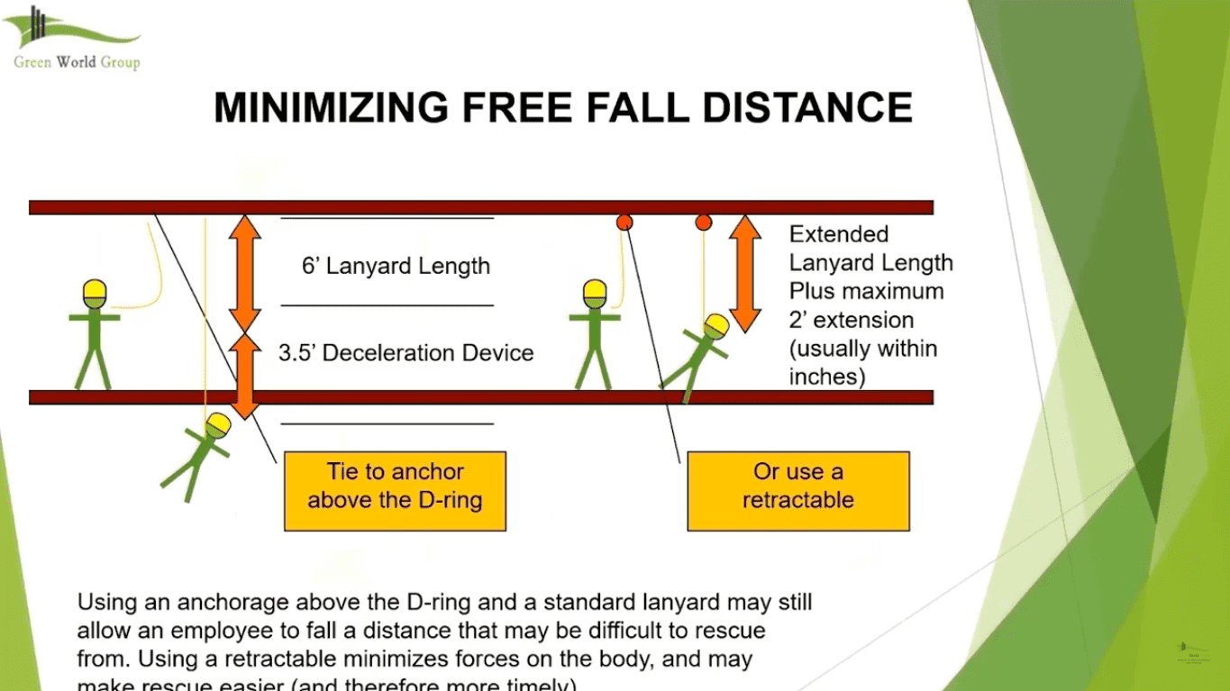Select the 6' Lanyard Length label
point(396,266)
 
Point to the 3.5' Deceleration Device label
point(405,352)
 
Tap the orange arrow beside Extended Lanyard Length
point(744,272)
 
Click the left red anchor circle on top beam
point(624,222)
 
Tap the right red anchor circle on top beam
point(704,222)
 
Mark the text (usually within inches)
point(862,362)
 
